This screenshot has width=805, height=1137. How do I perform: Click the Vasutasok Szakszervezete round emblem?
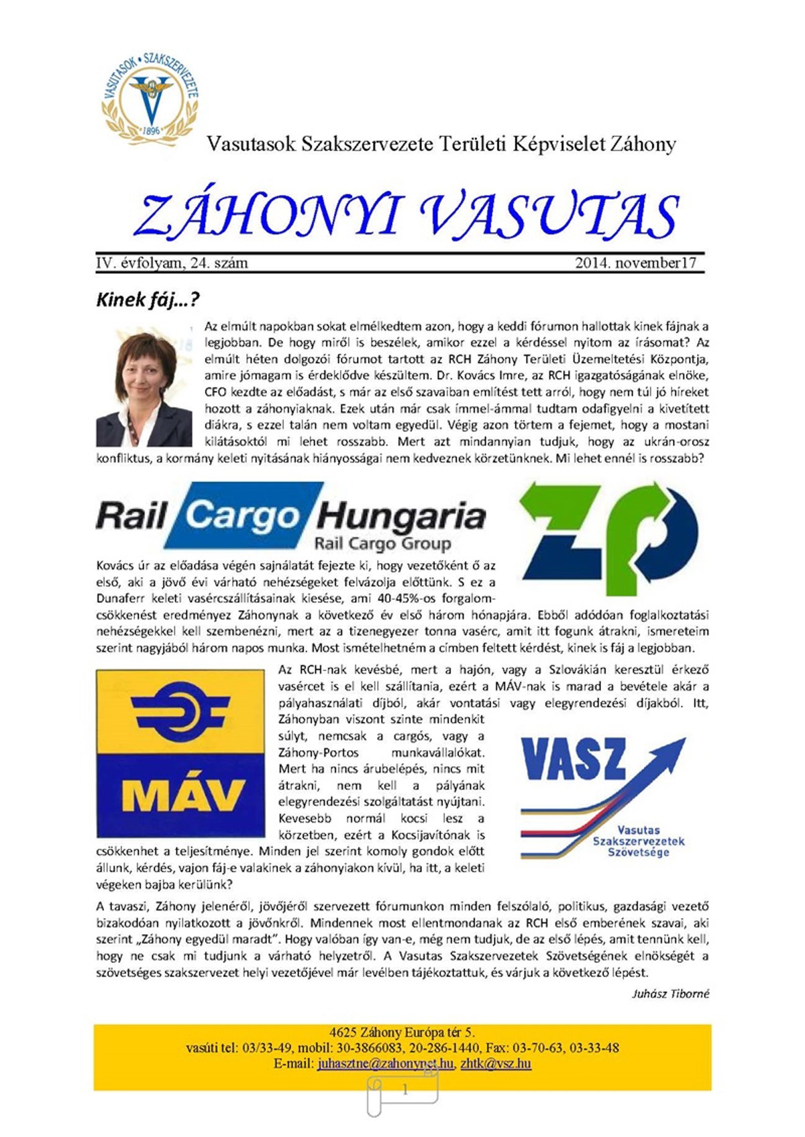pos(150,99)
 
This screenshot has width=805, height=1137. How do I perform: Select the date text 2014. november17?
pos(635,263)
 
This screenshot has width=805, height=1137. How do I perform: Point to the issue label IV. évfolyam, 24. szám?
pos(172,263)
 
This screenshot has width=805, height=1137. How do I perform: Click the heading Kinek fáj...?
pos(148,299)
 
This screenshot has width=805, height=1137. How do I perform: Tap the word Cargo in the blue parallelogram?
pos(241,516)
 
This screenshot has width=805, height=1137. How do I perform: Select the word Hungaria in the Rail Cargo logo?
pos(400,517)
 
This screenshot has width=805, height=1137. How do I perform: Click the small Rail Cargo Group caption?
pos(382,543)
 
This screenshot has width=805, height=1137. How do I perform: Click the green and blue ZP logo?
pos(608,536)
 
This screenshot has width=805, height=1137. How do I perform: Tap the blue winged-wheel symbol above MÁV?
pos(180,711)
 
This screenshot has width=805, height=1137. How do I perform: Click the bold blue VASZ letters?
pos(574,759)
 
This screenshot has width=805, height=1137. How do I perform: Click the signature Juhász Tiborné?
pos(670,994)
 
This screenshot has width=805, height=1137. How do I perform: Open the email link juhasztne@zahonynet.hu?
pos(386,1063)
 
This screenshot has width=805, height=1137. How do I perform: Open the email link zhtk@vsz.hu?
pos(496,1063)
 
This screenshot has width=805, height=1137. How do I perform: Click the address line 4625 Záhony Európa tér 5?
pos(402,1032)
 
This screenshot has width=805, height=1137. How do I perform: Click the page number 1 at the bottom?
pos(405,1090)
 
